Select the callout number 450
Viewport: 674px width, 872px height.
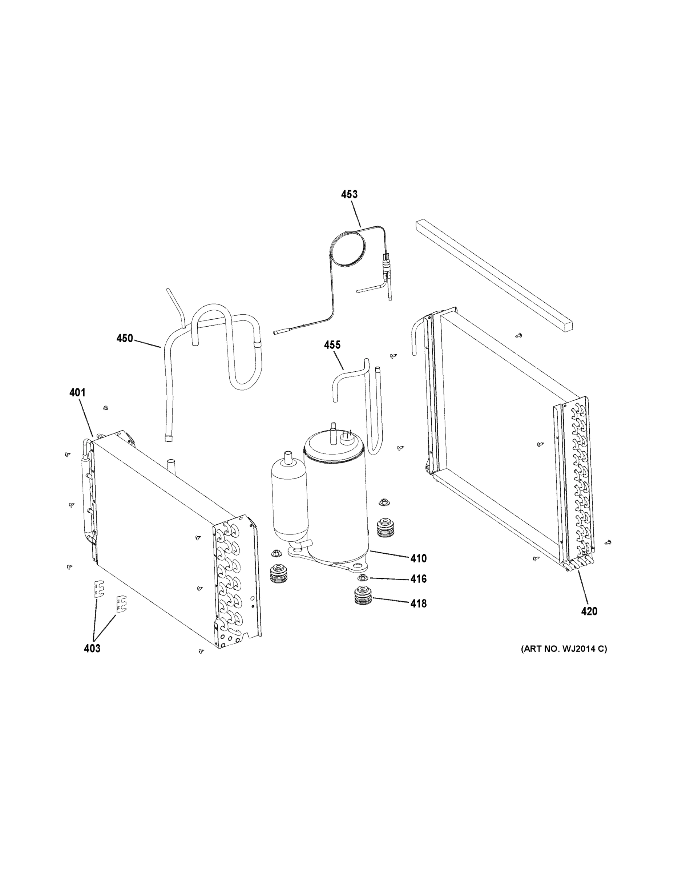124,339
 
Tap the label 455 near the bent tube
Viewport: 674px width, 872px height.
332,345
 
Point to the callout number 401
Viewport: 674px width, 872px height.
77,392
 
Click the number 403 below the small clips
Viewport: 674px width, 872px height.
92,649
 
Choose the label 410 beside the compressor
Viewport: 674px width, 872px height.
419,558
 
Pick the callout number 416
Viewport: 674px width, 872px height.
419,578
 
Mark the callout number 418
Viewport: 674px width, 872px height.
419,604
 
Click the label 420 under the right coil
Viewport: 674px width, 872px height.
589,611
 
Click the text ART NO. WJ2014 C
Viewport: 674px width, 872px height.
564,649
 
